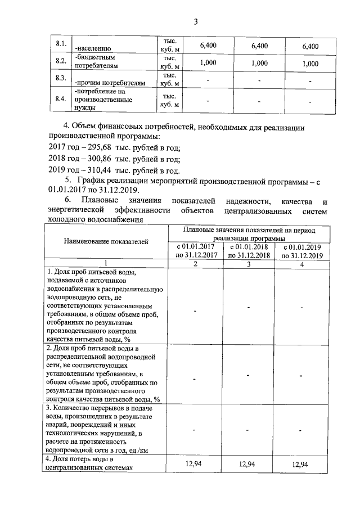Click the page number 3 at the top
pyautogui.click(x=196, y=22)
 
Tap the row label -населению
pyautogui.click(x=93, y=49)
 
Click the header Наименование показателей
pyautogui.click(x=106, y=242)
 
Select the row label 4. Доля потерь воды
pyautogui.click(x=90, y=463)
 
